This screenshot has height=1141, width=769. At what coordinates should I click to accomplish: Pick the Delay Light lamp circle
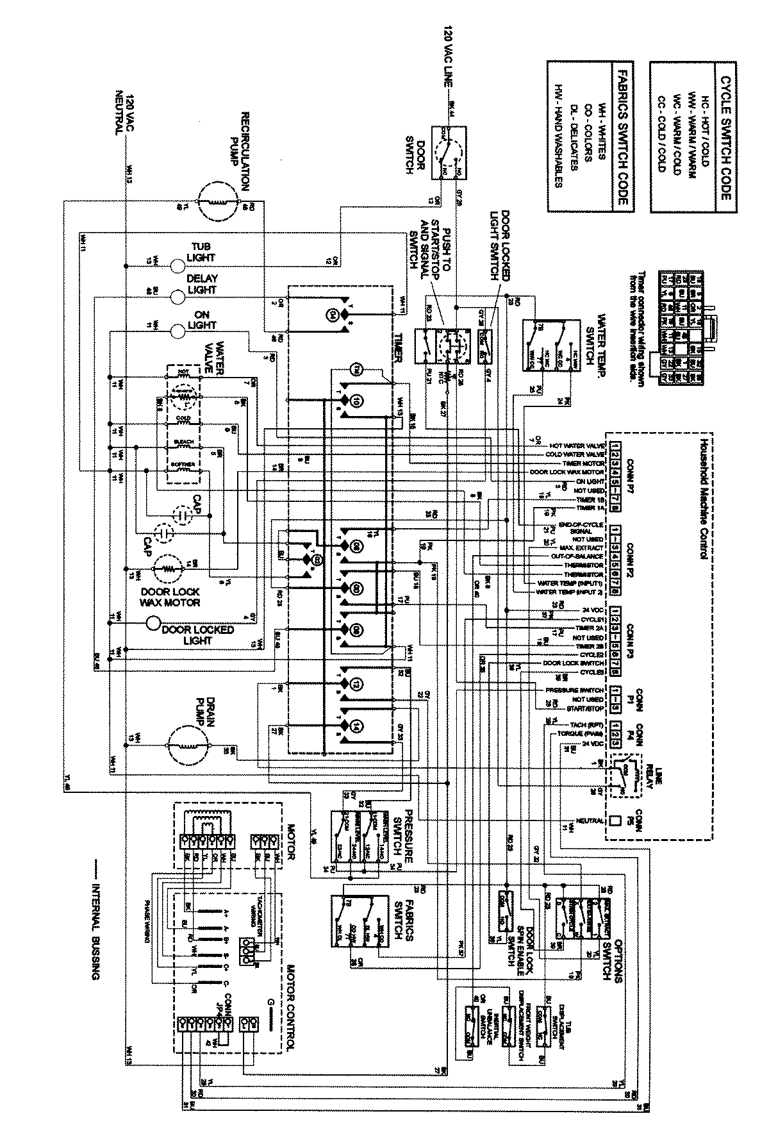tap(177, 296)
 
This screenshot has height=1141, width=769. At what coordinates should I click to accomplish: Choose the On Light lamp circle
tap(177, 329)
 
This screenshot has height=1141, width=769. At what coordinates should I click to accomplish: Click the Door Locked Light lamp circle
tap(153, 623)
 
